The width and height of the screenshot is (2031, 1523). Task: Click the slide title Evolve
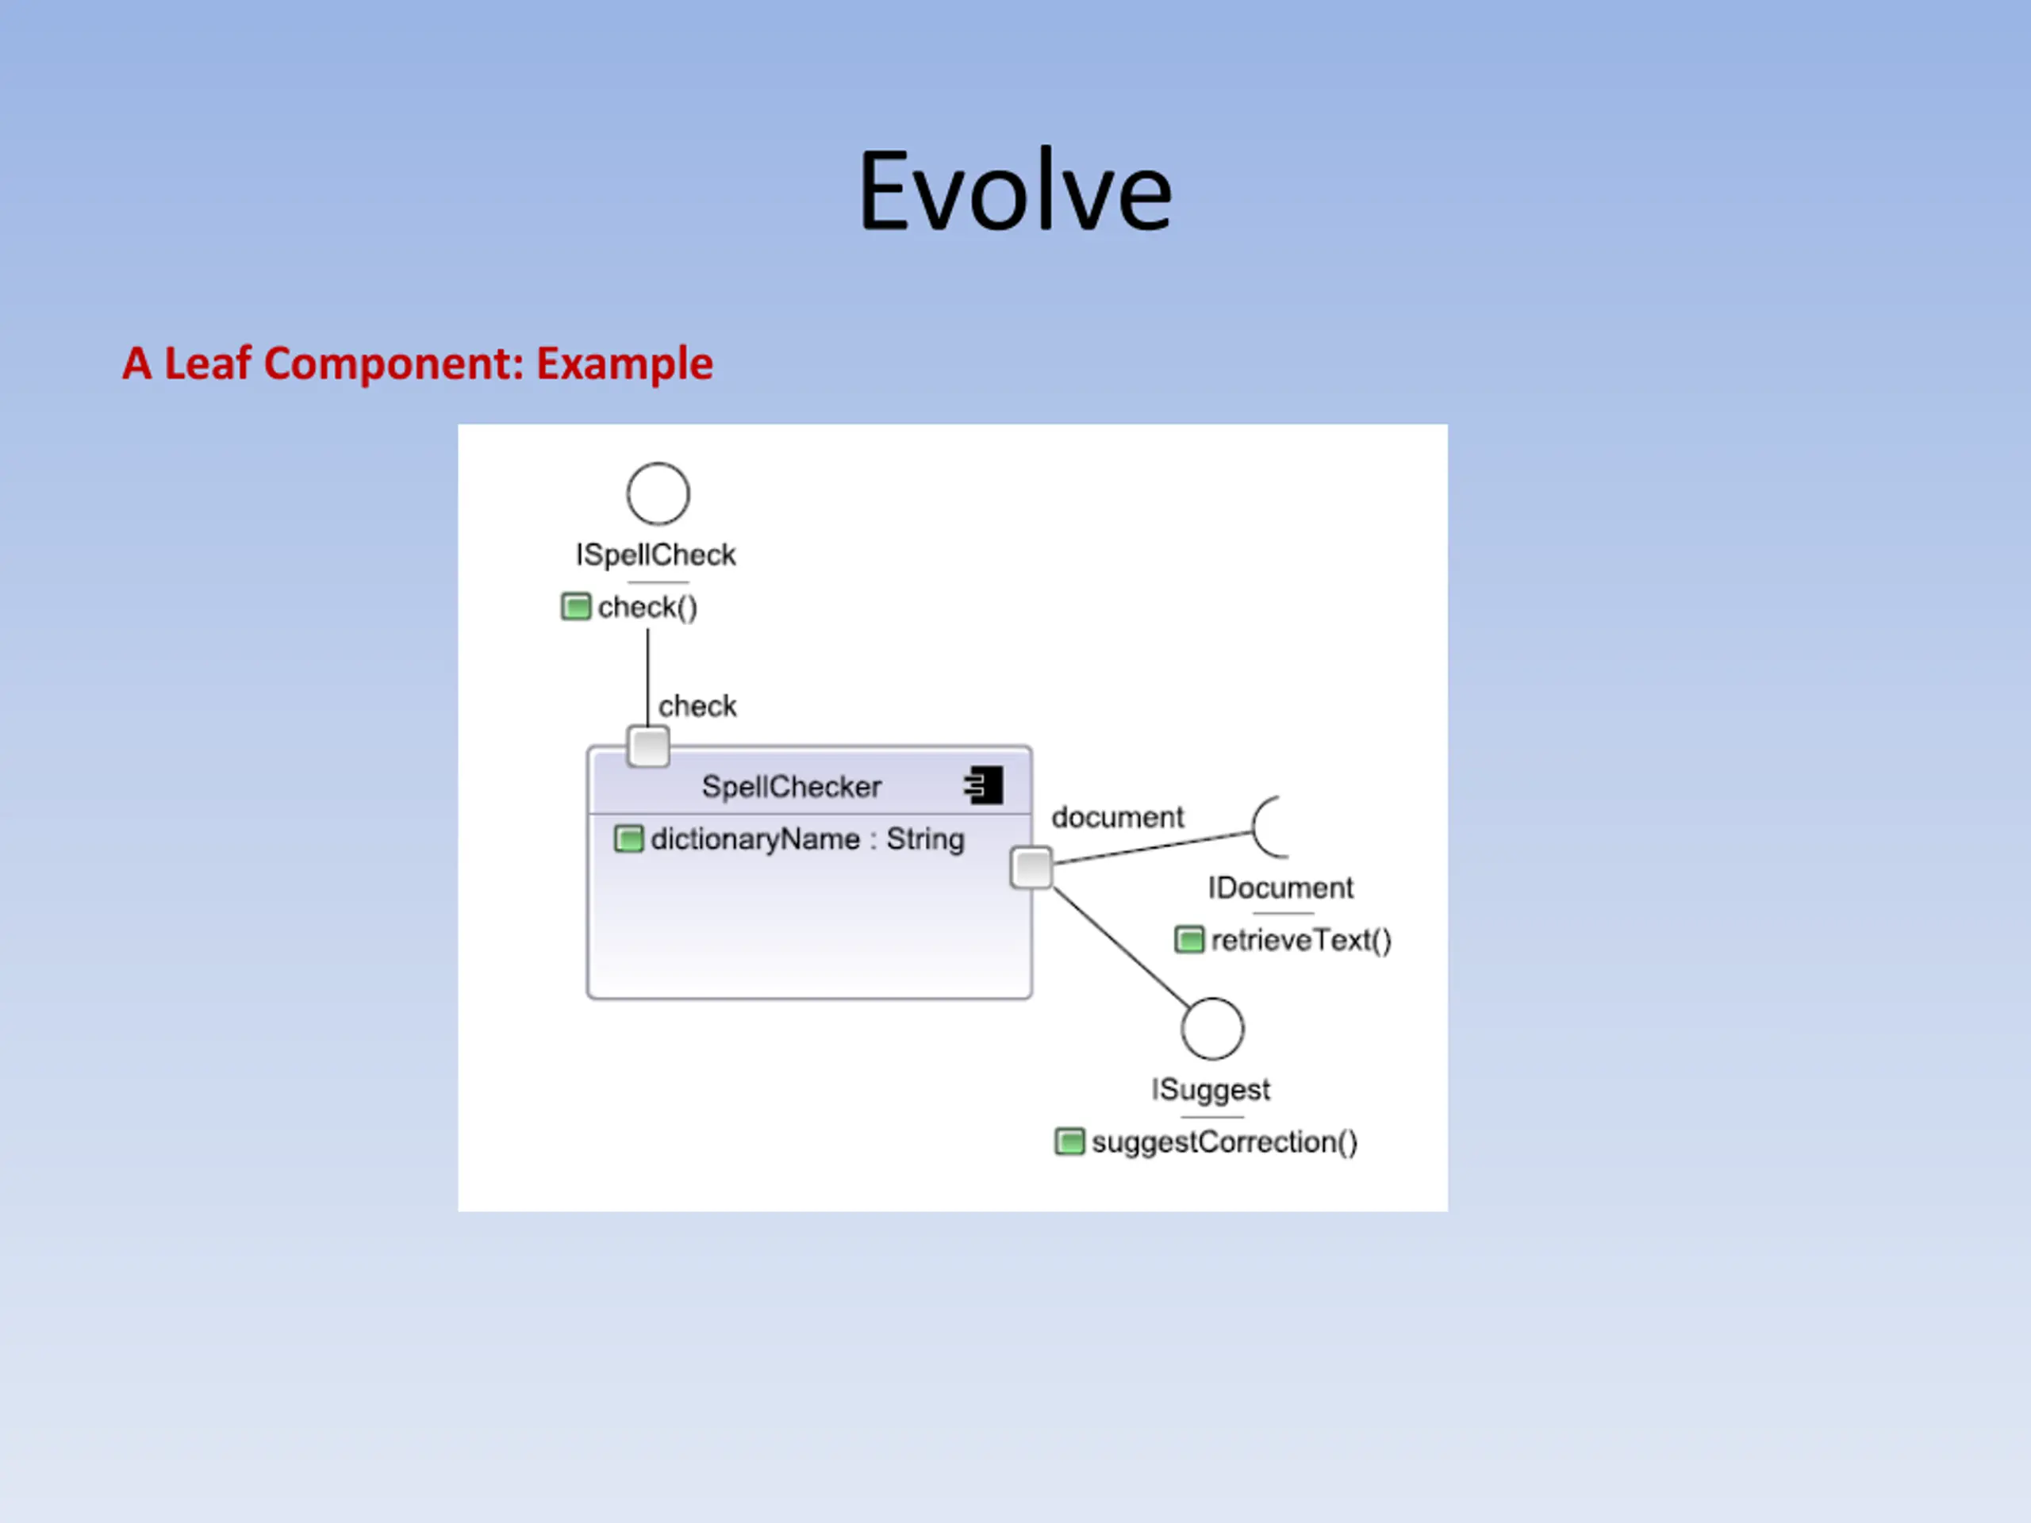[x=1015, y=191]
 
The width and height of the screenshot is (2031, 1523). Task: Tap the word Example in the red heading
[x=624, y=363]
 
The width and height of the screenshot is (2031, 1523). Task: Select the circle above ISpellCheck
[x=658, y=494]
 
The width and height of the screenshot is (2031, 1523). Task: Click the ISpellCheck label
[x=655, y=554]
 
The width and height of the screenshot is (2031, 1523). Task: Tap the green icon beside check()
[x=576, y=607]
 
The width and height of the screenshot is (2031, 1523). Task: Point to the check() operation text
[x=647, y=607]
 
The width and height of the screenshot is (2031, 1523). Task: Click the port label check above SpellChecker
[x=697, y=706]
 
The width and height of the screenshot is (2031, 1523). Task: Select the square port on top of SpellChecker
[x=648, y=746]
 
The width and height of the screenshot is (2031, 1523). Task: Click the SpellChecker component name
[x=792, y=787]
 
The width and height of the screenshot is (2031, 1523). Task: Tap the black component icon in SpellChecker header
[x=985, y=786]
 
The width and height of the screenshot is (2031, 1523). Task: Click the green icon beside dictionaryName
[x=628, y=839]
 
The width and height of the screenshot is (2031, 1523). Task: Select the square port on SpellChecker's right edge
[x=1031, y=869]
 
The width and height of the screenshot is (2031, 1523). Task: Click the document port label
[x=1117, y=817]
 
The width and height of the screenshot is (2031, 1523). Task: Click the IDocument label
[x=1280, y=888]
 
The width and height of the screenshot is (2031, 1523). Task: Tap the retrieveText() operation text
[x=1301, y=940]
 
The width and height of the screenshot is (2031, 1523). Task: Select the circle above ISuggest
[x=1212, y=1029]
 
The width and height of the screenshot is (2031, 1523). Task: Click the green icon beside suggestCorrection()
[x=1069, y=1142]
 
